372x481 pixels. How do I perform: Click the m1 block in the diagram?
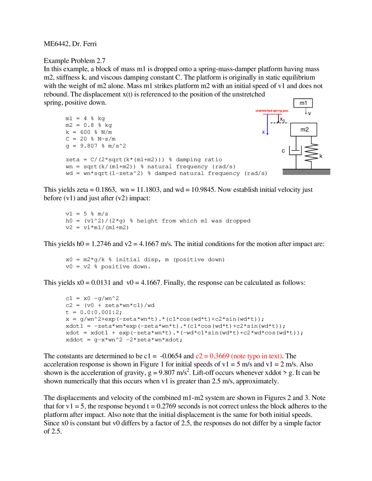tap(303, 103)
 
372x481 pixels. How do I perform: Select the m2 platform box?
tap(303, 130)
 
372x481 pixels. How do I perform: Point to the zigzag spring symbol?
tap(311, 153)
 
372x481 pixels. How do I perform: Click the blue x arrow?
tap(267, 125)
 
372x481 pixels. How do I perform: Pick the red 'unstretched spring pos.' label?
tap(272, 111)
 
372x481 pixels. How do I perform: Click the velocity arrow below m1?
tap(306, 111)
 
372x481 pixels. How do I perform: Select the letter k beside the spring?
tap(321, 156)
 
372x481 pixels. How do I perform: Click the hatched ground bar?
tap(306, 172)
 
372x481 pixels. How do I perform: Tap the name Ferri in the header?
tap(90, 44)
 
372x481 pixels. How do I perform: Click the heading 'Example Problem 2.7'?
tap(74, 61)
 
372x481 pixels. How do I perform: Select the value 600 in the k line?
tap(85, 132)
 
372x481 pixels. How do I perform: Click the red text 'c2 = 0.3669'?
tap(212, 356)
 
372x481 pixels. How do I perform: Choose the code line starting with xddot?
tap(124, 340)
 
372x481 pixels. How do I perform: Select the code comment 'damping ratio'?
tap(199, 160)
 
